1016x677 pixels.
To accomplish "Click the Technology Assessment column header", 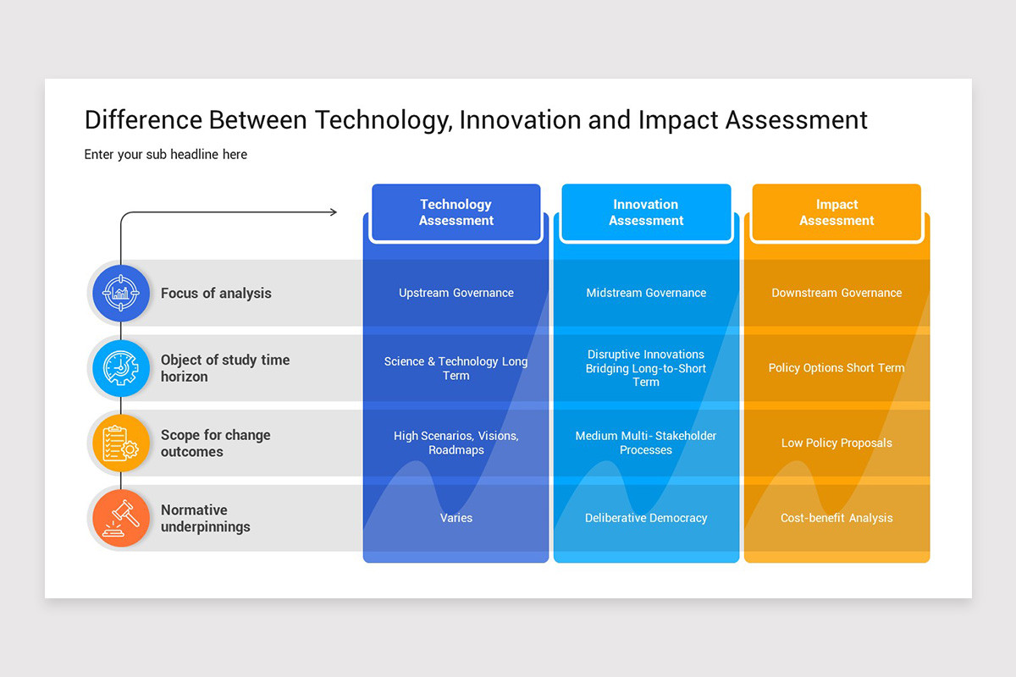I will [x=456, y=212].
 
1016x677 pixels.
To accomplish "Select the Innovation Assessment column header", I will [x=646, y=212].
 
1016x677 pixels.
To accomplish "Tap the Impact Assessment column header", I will [x=837, y=212].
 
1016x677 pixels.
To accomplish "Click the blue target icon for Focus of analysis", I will [x=121, y=294].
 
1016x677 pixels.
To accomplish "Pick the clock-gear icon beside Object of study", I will [x=121, y=368].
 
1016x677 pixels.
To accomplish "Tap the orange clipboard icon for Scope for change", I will [x=121, y=443].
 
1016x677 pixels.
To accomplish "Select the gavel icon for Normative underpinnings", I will [x=121, y=518].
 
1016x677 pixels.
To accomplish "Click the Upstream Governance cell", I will [x=456, y=293].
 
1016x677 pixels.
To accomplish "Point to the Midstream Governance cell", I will [x=646, y=293].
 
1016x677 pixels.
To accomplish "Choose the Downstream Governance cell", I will [x=837, y=293].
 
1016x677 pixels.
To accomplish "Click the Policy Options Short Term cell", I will [x=837, y=368].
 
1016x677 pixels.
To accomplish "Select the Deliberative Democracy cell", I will [x=646, y=518].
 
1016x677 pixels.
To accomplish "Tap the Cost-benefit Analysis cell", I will [x=837, y=518].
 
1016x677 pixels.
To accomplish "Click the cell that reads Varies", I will [x=456, y=518].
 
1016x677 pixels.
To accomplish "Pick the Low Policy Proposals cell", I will [x=837, y=443].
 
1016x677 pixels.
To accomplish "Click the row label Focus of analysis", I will [x=216, y=294].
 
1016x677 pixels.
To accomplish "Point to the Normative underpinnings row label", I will [x=206, y=518].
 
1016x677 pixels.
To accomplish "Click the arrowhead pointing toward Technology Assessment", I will [x=333, y=212].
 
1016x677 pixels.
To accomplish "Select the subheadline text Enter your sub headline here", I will [x=166, y=154].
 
